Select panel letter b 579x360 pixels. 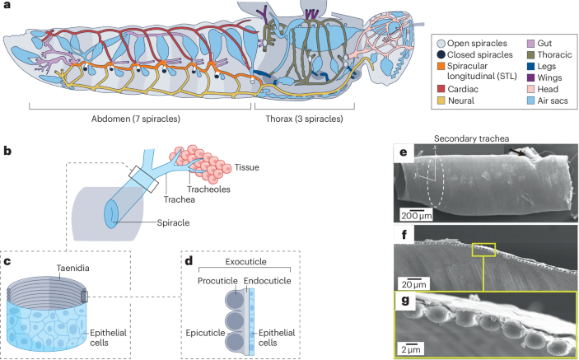click(7, 152)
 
